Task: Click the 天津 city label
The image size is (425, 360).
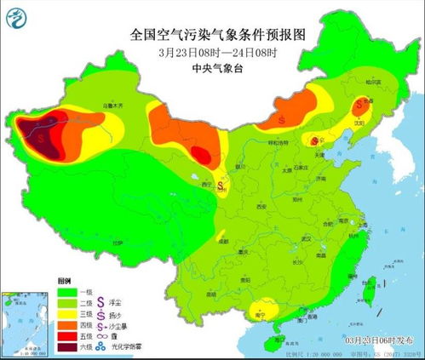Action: [x=321, y=154]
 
